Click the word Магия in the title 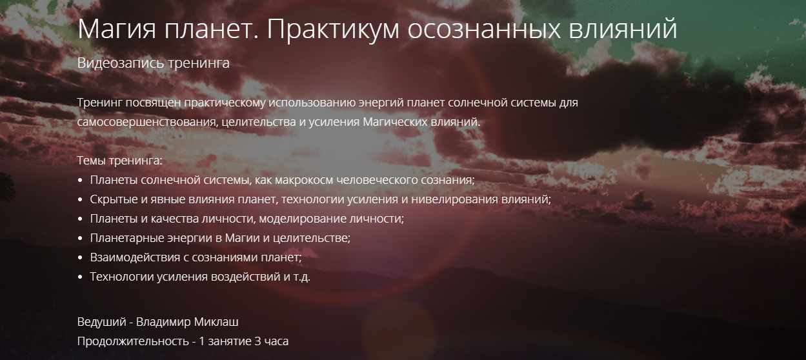coord(117,30)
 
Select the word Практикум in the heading coord(333,29)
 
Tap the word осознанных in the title coord(484,30)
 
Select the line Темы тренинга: coord(120,161)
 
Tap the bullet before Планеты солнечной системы coord(80,180)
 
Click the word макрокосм coord(305,180)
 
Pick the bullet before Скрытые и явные coord(80,199)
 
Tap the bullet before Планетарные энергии coord(80,239)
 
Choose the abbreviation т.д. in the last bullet coord(302,277)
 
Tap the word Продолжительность coord(133,341)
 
